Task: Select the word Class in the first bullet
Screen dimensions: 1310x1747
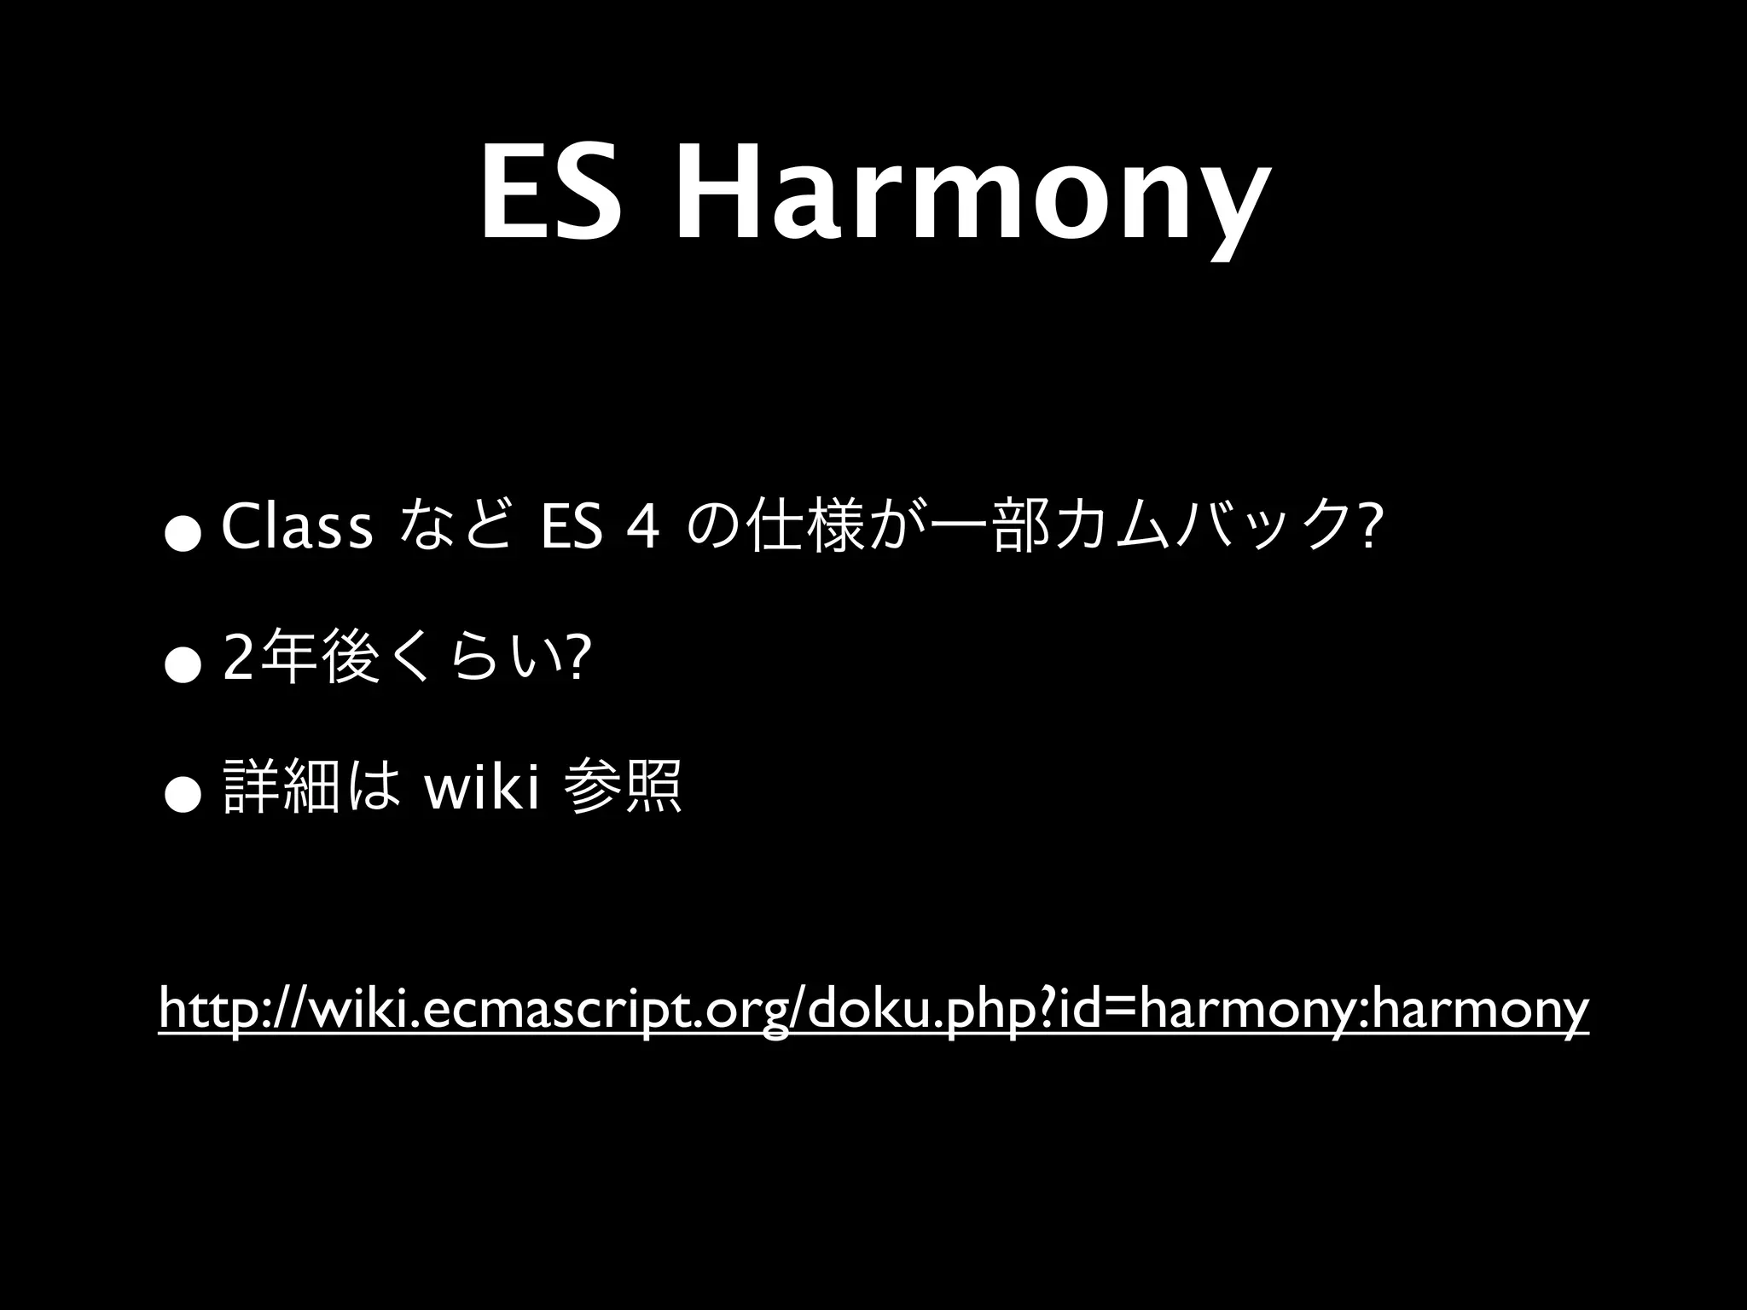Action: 297,530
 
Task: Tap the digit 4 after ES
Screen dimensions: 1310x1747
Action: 641,530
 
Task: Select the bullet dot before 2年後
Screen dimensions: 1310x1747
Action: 183,668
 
